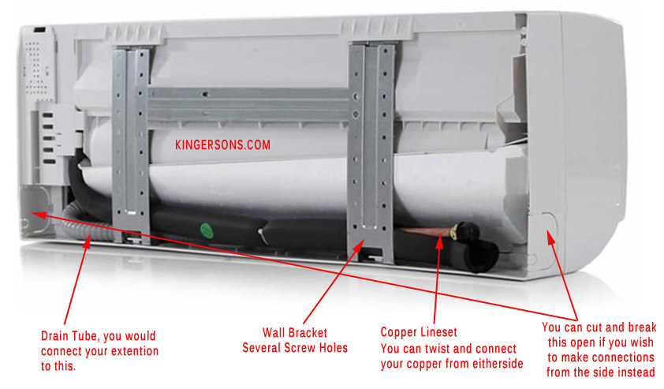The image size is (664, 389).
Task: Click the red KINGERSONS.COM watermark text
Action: tap(222, 145)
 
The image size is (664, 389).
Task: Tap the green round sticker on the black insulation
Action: tap(205, 230)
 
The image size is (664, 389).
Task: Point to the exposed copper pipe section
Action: tap(426, 233)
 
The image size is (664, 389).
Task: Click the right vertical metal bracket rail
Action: tap(371, 142)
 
